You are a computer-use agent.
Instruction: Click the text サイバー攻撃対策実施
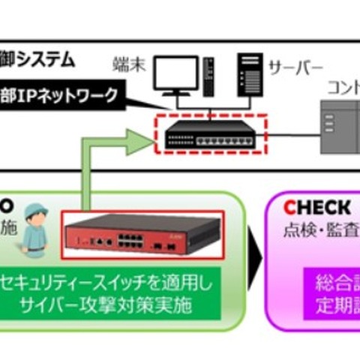[112, 307]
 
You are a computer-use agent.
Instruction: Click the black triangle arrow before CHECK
[255, 259]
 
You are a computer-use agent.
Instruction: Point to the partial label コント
[341, 85]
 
